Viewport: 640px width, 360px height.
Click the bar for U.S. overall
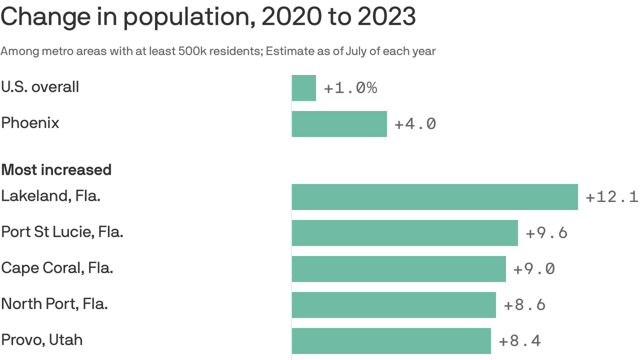coord(304,88)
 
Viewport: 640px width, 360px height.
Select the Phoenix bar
coord(339,124)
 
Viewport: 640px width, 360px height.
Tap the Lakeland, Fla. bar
coord(434,197)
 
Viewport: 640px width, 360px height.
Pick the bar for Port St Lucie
coord(405,233)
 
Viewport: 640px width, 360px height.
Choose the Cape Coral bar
coord(399,269)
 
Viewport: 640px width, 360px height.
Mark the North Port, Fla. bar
coord(394,305)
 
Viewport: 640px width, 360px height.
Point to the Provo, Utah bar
coord(391,341)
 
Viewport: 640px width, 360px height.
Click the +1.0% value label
coord(350,88)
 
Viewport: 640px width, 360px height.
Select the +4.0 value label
coord(415,124)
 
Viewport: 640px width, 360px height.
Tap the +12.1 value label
coord(611,197)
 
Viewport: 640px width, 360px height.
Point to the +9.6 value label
coord(546,233)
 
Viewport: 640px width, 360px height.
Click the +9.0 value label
coord(534,269)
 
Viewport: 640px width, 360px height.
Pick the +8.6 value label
coord(524,305)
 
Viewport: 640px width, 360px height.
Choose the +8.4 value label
coord(520,341)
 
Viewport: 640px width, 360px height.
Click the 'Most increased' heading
coord(56,169)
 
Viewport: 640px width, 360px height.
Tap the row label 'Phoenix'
coord(30,123)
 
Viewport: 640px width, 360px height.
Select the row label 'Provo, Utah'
coord(42,340)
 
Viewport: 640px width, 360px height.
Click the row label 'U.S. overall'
coord(40,87)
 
